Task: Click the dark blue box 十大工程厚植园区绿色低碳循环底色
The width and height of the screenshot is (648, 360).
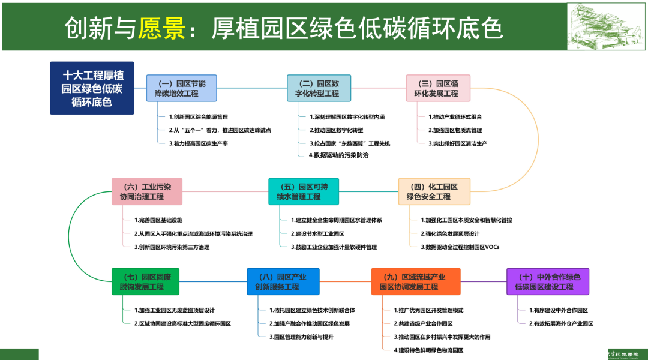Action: tap(92, 88)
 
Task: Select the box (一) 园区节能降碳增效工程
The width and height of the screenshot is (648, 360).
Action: tap(181, 88)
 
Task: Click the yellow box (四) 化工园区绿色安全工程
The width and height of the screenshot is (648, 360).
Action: tap(434, 191)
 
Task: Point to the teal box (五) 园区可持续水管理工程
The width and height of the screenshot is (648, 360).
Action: tap(303, 191)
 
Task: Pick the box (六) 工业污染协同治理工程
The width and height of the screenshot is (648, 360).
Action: tap(146, 191)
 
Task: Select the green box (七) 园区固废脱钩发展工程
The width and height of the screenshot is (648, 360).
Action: tap(145, 281)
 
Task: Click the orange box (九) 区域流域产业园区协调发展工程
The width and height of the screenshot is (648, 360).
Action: tap(416, 281)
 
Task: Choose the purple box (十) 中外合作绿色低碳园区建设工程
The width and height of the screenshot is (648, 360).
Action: tap(548, 281)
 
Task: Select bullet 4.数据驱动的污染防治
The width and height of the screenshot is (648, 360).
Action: tap(340, 155)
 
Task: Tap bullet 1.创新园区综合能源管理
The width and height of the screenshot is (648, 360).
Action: tap(199, 117)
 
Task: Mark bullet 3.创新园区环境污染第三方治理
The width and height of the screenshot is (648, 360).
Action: tap(172, 247)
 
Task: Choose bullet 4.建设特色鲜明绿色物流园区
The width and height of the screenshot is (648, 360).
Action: tap(429, 350)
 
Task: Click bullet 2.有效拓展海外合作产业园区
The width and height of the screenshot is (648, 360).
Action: tap(561, 324)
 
